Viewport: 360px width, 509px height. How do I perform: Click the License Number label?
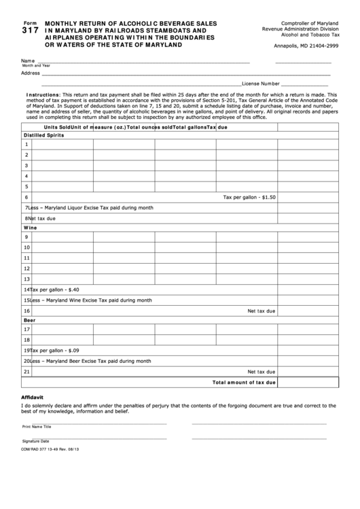pos(256,84)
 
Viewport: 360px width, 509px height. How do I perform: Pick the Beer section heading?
pos(30,319)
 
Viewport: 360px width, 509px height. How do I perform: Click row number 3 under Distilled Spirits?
pos(26,165)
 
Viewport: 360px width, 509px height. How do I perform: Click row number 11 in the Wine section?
pos(26,258)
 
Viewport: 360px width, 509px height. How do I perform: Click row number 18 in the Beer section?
pos(26,340)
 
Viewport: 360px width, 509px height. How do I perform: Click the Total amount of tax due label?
pos(244,383)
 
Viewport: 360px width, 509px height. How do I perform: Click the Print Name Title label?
pos(37,427)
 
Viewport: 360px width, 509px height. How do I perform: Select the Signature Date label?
pos(36,441)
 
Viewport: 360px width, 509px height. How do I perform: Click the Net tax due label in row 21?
pos(262,372)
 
